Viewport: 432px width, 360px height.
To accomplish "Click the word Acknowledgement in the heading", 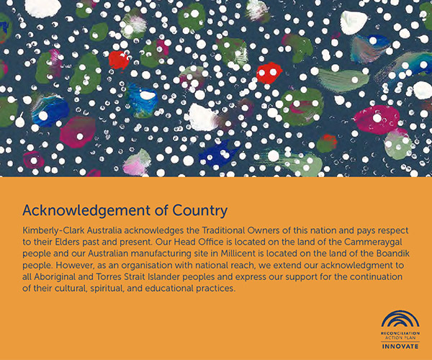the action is pyautogui.click(x=86, y=211).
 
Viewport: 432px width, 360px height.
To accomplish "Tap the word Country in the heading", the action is pyautogui.click(x=200, y=211).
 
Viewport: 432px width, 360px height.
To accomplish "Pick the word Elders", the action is pyautogui.click(x=68, y=242).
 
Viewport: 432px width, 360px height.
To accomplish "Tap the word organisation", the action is pyautogui.click(x=143, y=266).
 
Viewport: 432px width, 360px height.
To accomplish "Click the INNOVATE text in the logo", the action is pyautogui.click(x=400, y=346).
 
